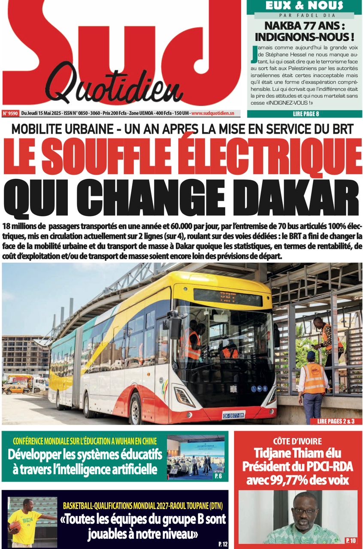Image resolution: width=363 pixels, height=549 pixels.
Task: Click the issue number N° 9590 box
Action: (10, 114)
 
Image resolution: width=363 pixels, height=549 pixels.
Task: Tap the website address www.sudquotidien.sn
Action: (213, 114)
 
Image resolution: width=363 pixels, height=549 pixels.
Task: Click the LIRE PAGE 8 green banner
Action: (305, 114)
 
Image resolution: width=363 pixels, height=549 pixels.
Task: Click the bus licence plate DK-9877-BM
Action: (233, 415)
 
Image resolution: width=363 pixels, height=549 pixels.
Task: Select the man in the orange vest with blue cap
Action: (313, 382)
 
